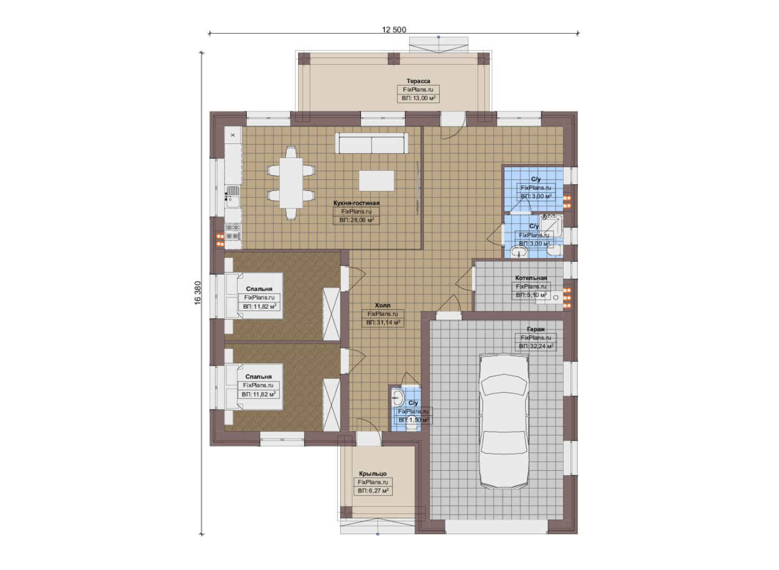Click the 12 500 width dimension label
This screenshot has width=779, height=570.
click(394, 30)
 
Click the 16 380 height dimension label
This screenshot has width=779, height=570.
click(198, 293)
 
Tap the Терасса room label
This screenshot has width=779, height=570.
click(419, 81)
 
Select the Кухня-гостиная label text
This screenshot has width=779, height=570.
click(356, 203)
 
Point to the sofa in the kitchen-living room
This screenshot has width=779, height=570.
click(372, 142)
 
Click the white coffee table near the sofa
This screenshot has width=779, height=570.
click(377, 180)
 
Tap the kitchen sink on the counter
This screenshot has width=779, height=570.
click(233, 196)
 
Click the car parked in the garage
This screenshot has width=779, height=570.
click(504, 421)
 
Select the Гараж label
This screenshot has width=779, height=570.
click(535, 329)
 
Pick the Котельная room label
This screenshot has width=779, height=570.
click(531, 278)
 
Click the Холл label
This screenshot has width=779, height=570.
click(383, 306)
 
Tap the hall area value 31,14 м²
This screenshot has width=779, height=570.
click(383, 322)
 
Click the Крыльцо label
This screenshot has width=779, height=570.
click(373, 473)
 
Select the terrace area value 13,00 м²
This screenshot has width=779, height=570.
click(419, 98)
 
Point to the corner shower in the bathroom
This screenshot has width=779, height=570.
click(551, 225)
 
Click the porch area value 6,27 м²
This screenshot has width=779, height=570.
click(373, 491)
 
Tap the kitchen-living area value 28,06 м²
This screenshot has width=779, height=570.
click(356, 220)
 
